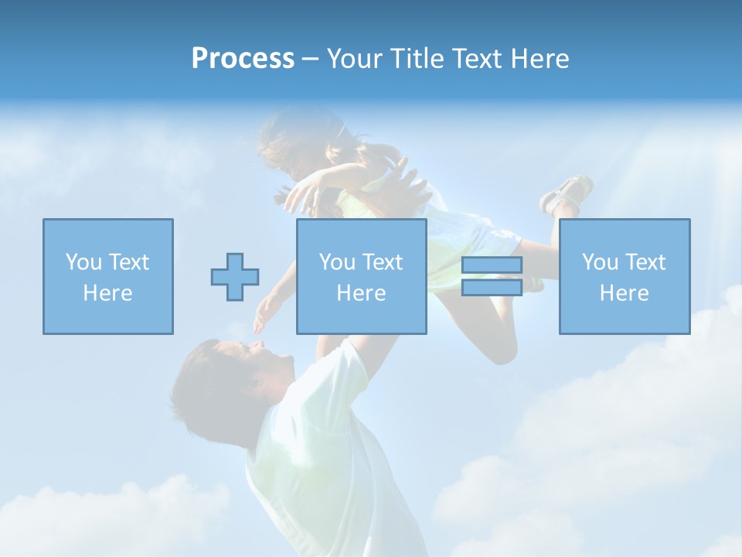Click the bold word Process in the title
(243, 59)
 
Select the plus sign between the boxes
(235, 277)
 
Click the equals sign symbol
(492, 276)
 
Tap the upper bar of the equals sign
(492, 265)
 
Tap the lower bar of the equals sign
(492, 287)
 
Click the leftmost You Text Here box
(108, 276)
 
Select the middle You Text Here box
(361, 276)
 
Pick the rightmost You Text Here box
(624, 276)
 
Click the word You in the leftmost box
(83, 262)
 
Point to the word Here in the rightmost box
(624, 293)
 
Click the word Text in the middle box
(382, 262)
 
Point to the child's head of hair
(298, 139)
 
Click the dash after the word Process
(310, 59)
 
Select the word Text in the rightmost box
(645, 262)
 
